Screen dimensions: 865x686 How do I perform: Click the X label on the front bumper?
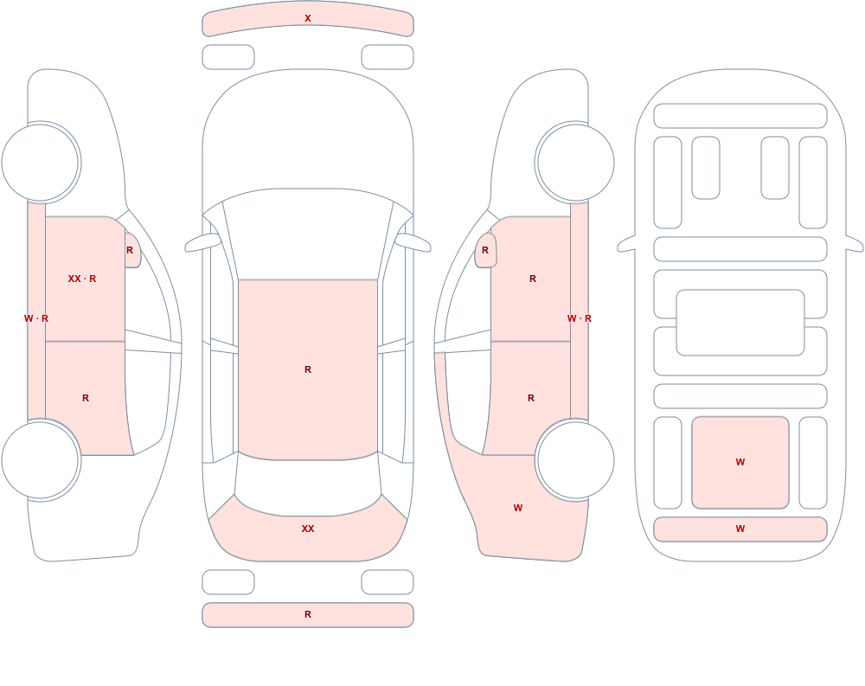[308, 18]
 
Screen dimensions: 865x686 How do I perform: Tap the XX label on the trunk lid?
[308, 529]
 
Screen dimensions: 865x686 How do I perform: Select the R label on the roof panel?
[308, 369]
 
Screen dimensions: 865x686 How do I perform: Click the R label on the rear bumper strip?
[308, 614]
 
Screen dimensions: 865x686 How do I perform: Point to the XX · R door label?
[81, 279]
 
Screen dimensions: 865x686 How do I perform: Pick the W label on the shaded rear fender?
[518, 508]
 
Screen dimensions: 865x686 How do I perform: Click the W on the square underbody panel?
[740, 462]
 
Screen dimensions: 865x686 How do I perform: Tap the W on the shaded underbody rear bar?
[740, 529]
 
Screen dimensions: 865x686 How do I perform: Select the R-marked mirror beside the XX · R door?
[132, 251]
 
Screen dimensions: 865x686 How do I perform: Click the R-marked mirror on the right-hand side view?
[485, 251]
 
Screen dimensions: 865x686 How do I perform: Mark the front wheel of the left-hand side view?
[41, 163]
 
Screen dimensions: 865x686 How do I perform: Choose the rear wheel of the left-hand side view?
[41, 459]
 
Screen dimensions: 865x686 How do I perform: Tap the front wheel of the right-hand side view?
[575, 163]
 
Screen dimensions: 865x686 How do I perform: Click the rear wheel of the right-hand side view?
[575, 459]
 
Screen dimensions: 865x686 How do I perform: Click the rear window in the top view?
[308, 485]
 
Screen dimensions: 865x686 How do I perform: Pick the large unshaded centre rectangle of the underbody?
[740, 323]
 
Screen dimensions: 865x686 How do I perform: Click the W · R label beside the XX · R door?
[36, 318]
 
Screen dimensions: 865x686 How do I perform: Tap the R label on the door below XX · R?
[86, 398]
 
